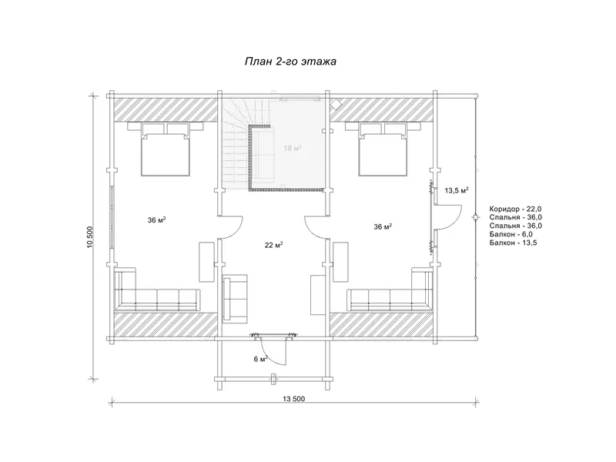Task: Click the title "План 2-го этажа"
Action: point(291,62)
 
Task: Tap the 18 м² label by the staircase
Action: point(293,148)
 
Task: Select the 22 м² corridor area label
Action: point(274,245)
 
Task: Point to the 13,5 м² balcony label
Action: point(457,190)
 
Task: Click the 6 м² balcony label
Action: point(261,359)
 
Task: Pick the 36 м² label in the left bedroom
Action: point(156,220)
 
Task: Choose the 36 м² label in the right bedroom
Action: point(383,226)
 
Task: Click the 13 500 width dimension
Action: point(293,399)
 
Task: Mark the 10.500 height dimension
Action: point(90,237)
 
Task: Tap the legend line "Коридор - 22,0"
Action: point(516,209)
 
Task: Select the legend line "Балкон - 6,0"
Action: point(511,234)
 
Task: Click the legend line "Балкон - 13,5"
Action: point(513,243)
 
